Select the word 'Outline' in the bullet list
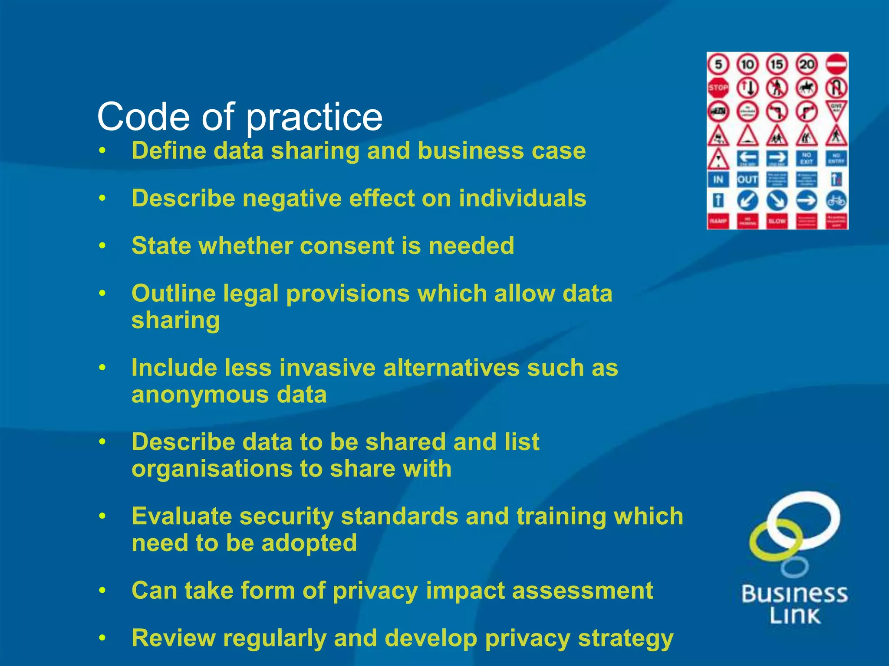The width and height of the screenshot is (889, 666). [174, 294]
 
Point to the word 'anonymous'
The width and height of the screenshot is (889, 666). [200, 395]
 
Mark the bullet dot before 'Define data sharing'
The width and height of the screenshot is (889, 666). [102, 151]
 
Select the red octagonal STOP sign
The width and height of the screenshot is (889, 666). [718, 88]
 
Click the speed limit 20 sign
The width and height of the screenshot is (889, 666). [807, 65]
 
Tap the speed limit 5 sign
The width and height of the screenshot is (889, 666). [718, 65]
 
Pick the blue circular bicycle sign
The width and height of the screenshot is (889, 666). [836, 201]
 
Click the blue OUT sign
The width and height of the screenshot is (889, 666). [747, 179]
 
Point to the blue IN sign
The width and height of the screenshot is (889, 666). [718, 179]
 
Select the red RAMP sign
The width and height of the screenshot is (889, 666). [718, 221]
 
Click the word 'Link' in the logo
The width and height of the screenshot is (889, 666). [795, 616]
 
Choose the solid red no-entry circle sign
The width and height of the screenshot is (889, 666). [836, 65]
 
